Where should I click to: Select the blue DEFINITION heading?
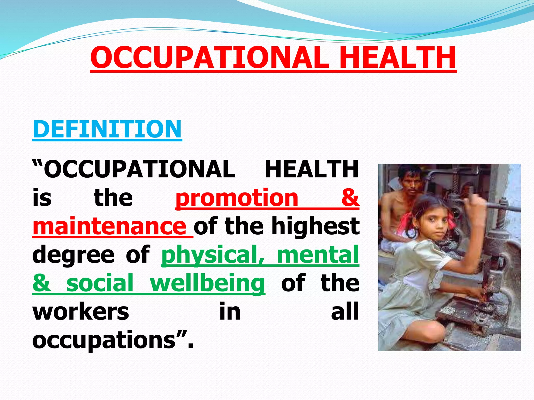[x=107, y=129]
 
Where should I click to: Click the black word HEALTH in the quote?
[x=312, y=169]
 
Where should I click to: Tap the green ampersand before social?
[x=41, y=283]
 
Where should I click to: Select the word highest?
[x=315, y=226]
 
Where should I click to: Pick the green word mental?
[x=318, y=254]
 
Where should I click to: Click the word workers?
[x=81, y=312]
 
